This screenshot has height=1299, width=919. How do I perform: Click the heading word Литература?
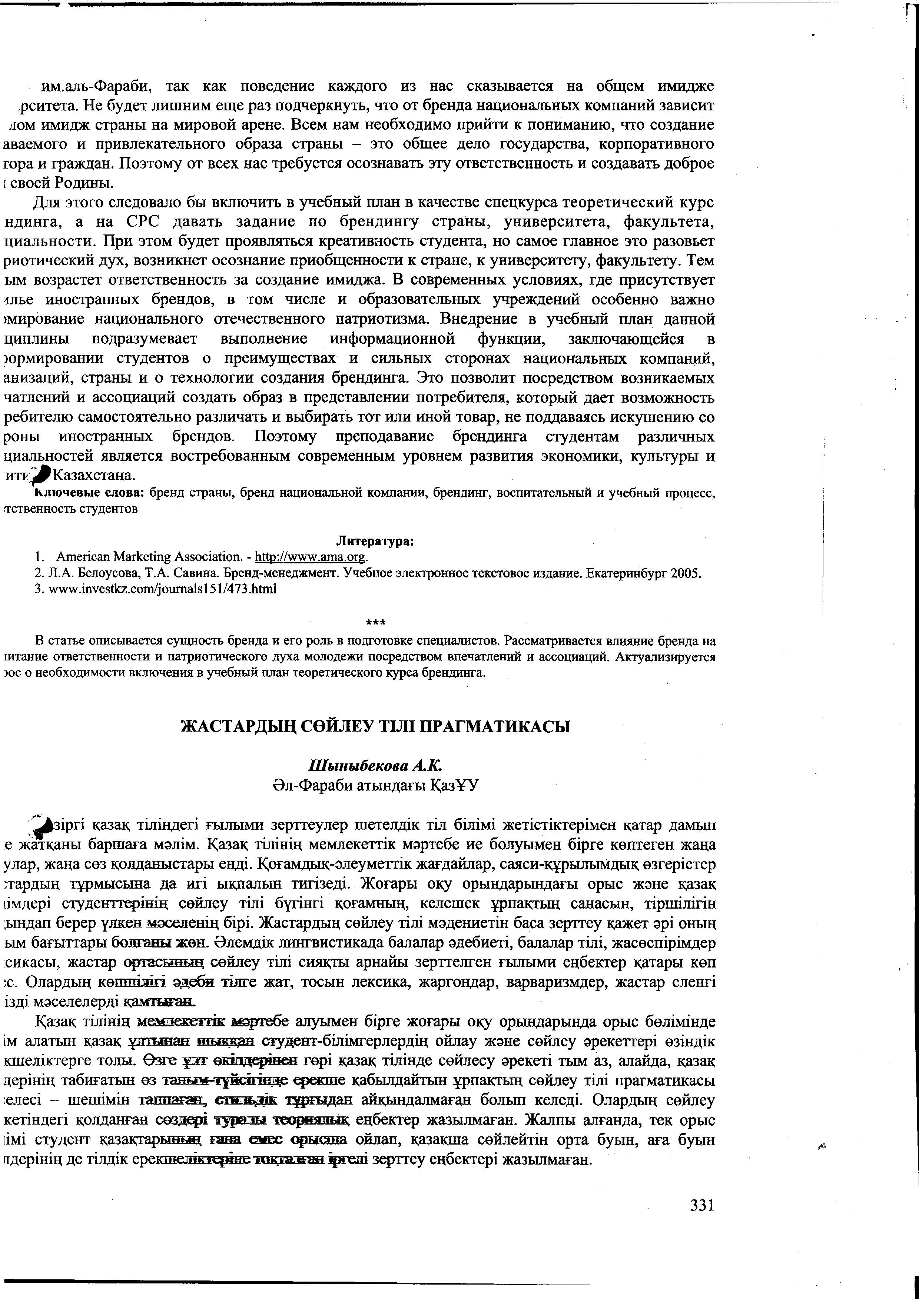coord(374,542)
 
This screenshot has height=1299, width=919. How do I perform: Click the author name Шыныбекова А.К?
coord(375,766)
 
